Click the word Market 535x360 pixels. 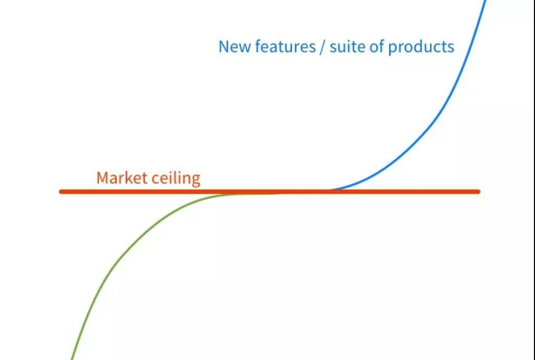122,178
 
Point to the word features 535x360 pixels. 285,46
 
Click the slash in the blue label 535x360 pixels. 323,47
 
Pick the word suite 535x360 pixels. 347,46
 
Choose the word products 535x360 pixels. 421,47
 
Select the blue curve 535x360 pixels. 440,113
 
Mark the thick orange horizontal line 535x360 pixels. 270,192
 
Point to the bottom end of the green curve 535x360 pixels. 71,359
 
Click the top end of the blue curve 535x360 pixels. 486,1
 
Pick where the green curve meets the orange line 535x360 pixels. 232,194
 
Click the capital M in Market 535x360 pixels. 102,178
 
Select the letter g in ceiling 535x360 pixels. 195,180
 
